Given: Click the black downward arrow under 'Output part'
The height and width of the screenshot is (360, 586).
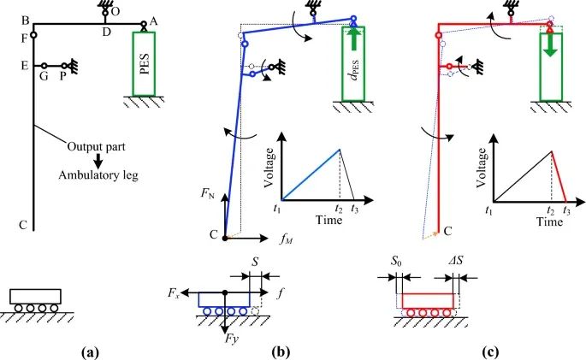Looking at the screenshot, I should [98, 160].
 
